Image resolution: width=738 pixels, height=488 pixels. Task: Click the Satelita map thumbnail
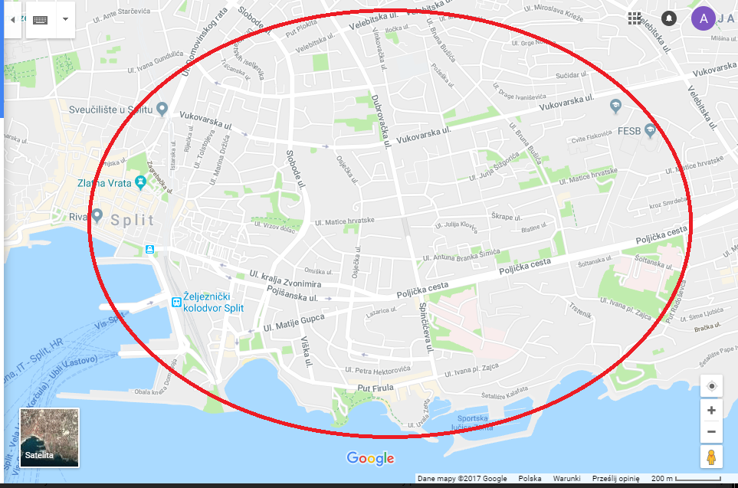(x=49, y=437)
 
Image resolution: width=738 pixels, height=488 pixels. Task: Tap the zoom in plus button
(x=711, y=410)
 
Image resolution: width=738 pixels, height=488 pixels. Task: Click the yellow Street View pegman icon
(x=711, y=457)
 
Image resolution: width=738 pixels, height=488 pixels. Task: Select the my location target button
(x=711, y=385)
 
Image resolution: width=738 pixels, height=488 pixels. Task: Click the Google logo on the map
(x=370, y=458)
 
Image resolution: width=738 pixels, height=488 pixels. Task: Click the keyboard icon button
(x=41, y=19)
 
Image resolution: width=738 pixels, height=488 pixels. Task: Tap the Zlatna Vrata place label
(x=106, y=183)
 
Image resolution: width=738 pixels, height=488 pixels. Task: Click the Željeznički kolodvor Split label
(x=213, y=303)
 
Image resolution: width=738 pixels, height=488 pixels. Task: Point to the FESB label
(x=629, y=130)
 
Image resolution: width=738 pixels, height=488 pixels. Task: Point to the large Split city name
(x=132, y=220)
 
